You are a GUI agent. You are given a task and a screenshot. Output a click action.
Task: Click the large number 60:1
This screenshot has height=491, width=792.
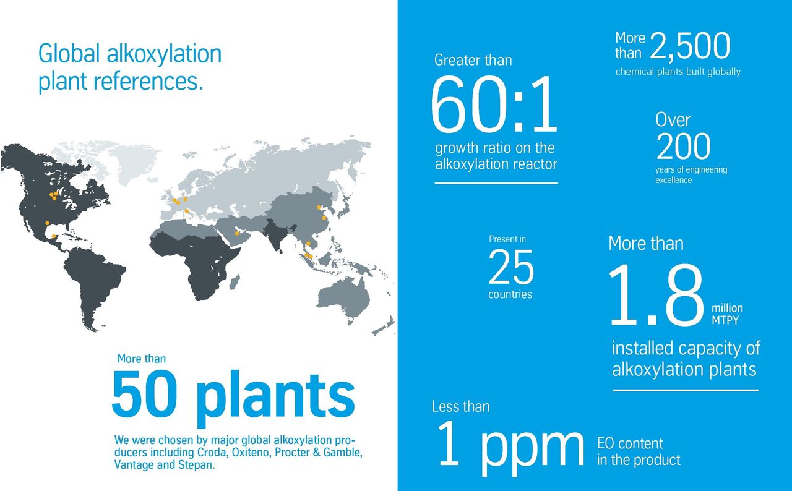[494, 105]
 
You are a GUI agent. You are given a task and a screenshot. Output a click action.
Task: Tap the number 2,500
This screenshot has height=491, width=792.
[690, 46]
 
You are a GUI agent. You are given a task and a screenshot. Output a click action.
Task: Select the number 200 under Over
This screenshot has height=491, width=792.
[683, 146]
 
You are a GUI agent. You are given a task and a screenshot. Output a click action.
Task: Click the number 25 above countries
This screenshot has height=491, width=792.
[511, 267]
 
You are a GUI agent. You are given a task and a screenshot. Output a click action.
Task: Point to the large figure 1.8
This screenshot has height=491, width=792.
[657, 295]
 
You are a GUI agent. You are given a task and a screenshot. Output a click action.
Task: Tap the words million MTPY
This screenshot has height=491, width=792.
[727, 314]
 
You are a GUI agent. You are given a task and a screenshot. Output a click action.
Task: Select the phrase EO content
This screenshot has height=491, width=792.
[630, 443]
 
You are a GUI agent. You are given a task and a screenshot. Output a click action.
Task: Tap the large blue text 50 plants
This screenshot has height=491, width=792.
[233, 398]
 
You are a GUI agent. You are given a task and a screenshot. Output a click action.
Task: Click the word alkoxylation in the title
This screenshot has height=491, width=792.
[164, 54]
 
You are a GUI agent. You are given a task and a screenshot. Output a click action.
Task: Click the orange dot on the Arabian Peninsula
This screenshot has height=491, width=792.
[237, 233]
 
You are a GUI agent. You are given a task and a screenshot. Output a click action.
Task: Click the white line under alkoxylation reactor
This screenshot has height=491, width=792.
[496, 183]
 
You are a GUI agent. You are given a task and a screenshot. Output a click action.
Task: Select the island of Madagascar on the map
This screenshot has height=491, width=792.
[235, 282]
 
